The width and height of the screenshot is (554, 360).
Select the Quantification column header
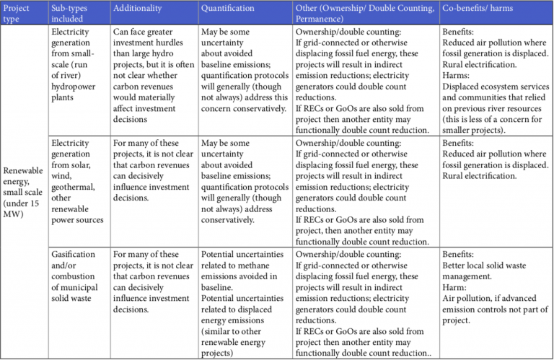[227, 9]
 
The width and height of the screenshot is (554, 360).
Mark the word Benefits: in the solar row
[460, 144]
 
